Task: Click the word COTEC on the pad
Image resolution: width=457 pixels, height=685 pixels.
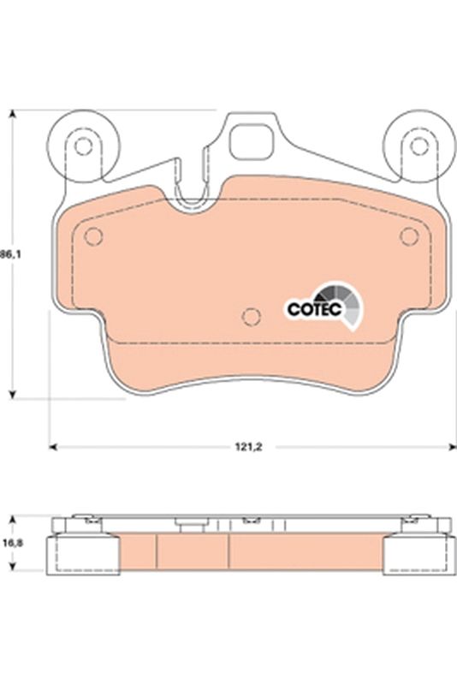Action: pos(313,308)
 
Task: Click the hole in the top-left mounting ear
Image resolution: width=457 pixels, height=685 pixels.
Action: pos(82,146)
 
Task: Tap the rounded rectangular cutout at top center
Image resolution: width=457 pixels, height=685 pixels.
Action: pos(250,140)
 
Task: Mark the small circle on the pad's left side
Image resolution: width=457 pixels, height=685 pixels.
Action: pos(95,237)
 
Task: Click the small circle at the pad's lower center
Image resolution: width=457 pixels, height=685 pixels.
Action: pos(251,318)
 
